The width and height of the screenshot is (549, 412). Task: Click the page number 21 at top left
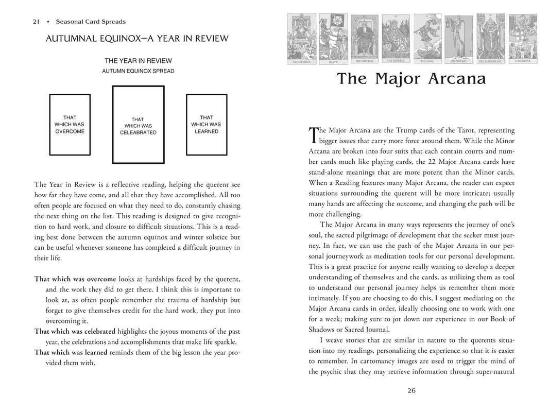click(36, 22)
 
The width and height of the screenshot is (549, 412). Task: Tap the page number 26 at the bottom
click(411, 390)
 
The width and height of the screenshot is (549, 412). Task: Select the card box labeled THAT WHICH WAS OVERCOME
click(70, 125)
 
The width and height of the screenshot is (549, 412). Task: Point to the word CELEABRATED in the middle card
click(138, 132)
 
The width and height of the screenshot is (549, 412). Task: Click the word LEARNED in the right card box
click(207, 131)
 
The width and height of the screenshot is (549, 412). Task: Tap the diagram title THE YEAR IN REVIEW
click(138, 61)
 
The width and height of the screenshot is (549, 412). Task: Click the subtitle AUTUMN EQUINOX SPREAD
click(138, 71)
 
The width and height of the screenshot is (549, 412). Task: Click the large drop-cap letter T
click(313, 135)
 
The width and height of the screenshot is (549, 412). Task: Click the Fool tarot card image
click(427, 38)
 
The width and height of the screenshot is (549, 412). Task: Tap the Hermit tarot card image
click(458, 38)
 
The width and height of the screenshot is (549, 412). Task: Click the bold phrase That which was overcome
click(75, 279)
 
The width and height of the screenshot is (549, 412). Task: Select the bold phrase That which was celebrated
click(75, 331)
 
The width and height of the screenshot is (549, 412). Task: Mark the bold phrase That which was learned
click(71, 352)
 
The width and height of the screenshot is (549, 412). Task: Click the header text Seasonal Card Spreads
click(91, 22)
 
